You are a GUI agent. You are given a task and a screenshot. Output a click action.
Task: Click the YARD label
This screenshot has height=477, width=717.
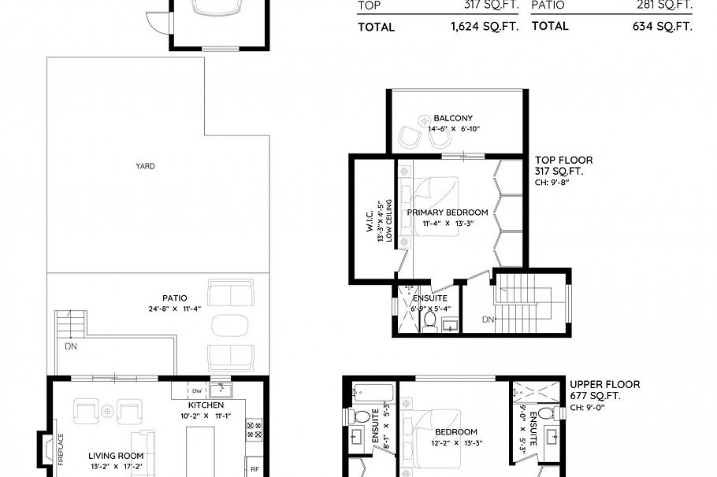[x=145, y=166]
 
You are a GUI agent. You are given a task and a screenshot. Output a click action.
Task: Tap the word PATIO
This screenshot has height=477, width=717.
[x=174, y=298]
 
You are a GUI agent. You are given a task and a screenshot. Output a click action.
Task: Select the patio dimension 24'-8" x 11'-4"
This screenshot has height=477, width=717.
[x=174, y=309]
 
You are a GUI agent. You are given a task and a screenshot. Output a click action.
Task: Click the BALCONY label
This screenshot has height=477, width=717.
[x=453, y=119]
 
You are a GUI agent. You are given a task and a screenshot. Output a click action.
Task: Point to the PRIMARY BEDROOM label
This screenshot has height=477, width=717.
[x=447, y=213]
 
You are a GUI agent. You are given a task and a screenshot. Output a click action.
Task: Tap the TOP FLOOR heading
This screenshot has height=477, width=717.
[x=563, y=161]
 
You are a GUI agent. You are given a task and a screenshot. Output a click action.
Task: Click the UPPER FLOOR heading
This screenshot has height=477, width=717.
[x=604, y=385]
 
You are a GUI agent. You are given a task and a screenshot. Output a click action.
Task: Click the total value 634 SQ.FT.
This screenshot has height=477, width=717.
[x=663, y=26]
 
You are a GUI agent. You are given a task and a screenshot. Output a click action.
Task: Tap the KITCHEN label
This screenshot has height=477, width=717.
[x=206, y=405]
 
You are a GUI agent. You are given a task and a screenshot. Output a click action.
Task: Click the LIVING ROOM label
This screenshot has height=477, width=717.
[x=116, y=456]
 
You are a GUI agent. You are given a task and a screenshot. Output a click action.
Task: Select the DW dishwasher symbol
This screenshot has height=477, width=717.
[x=196, y=390]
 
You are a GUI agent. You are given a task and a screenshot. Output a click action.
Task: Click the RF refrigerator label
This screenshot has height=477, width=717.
[x=254, y=468]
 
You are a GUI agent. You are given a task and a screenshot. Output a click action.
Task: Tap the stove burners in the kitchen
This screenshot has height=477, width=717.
[x=254, y=429]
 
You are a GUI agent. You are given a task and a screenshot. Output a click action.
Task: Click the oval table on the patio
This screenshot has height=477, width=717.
[x=230, y=325]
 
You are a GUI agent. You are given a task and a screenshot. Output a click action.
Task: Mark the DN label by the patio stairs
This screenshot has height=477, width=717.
[x=71, y=346]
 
